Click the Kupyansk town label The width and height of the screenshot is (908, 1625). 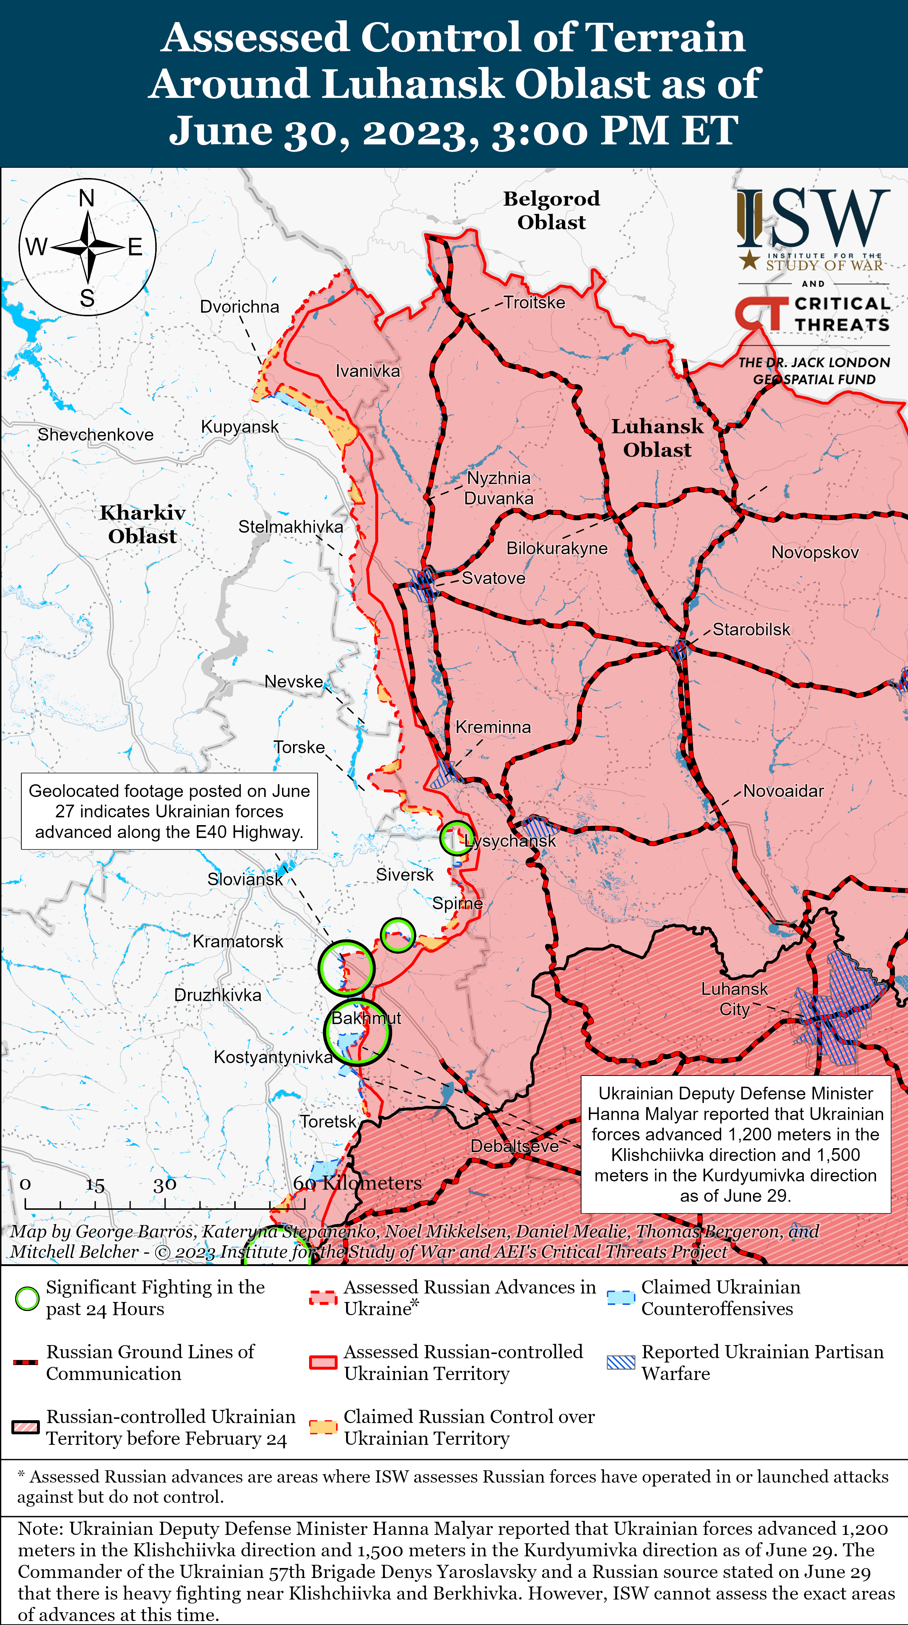click(x=240, y=427)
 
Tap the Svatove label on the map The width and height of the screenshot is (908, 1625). click(x=493, y=578)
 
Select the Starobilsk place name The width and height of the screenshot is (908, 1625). click(x=751, y=630)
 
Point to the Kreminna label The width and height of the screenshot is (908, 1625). click(x=493, y=727)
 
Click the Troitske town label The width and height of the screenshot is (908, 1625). click(x=534, y=303)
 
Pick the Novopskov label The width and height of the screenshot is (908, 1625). click(x=815, y=553)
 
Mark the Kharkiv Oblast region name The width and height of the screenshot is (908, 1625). click(x=142, y=524)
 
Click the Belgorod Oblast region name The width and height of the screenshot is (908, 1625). click(x=552, y=210)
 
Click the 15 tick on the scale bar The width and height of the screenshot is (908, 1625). click(x=95, y=1185)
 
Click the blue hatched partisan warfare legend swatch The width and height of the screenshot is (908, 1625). click(x=620, y=1363)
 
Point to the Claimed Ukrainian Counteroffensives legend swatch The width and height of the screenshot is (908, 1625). click(x=620, y=1298)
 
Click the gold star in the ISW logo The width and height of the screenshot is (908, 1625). click(x=749, y=259)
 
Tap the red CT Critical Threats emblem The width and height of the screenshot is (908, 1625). click(x=761, y=313)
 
